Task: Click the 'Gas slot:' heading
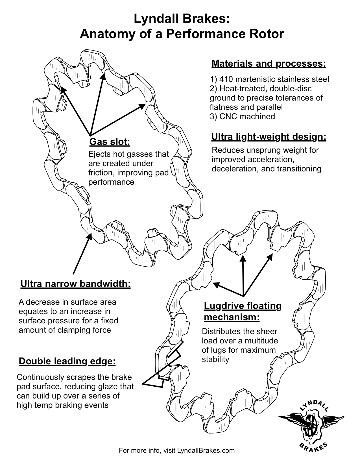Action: tap(110, 142)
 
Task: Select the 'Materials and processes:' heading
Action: tap(269, 64)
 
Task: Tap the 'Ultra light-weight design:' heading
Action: tap(269, 137)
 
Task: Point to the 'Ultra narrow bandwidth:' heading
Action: tap(75, 284)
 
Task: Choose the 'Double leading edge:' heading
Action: tap(67, 361)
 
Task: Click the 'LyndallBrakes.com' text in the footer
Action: tap(206, 450)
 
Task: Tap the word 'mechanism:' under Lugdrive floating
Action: tap(232, 317)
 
